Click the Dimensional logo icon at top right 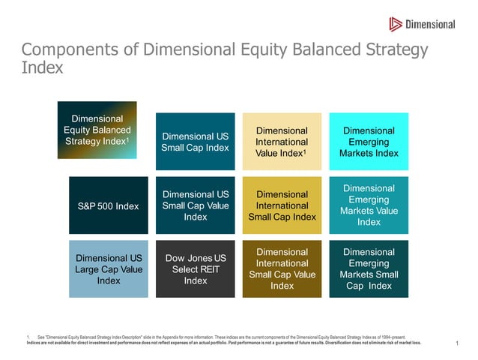click(x=396, y=24)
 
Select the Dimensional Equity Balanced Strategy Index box click(x=98, y=130)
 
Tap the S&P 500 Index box click(x=108, y=206)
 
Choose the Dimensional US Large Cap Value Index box click(x=108, y=269)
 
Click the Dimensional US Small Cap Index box click(x=195, y=142)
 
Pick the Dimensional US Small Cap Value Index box click(x=195, y=205)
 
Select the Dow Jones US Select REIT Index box click(x=195, y=269)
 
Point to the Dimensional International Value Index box click(x=282, y=142)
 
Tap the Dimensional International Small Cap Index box click(x=282, y=205)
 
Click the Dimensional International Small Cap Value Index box click(x=282, y=269)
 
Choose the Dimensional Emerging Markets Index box click(x=369, y=142)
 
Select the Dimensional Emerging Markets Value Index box click(x=369, y=205)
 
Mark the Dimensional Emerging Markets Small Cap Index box click(x=369, y=269)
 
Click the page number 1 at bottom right click(x=456, y=343)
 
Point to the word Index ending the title click(x=42, y=67)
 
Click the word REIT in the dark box click(x=211, y=269)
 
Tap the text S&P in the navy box click(x=88, y=206)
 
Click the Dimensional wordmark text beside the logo click(x=430, y=24)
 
